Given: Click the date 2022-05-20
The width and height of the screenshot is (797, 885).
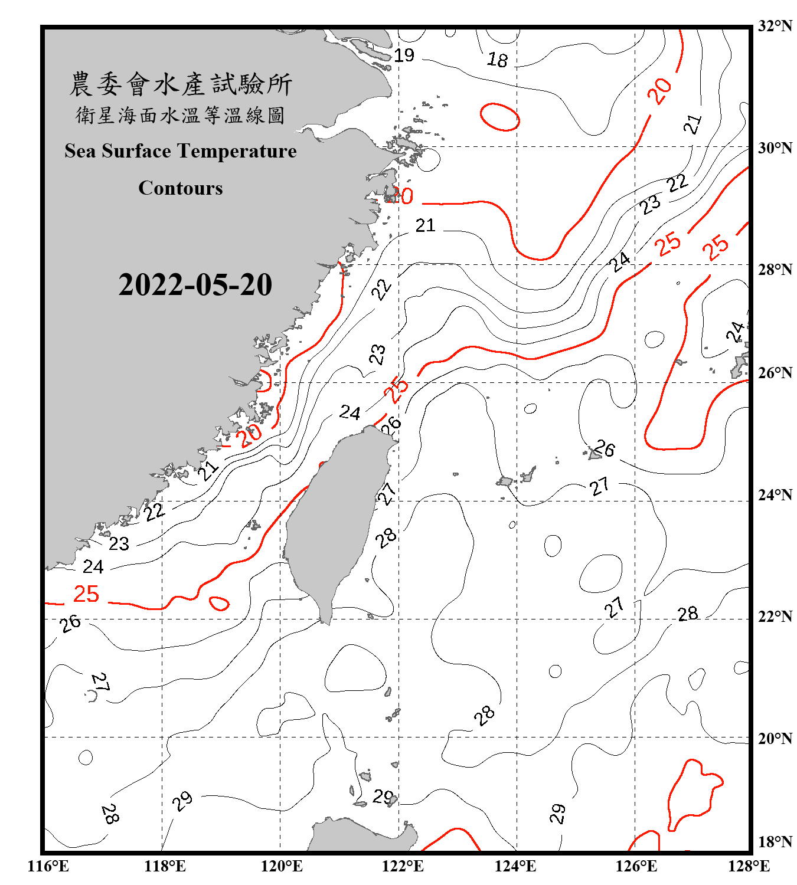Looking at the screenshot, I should tap(195, 285).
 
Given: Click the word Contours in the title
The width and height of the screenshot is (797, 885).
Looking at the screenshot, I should tap(181, 188).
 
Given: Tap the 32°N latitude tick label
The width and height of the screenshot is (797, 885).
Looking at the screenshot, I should tap(775, 25).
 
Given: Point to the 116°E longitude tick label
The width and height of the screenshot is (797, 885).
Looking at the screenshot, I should tap(48, 866).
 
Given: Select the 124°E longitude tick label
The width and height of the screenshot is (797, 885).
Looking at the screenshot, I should tap(515, 866).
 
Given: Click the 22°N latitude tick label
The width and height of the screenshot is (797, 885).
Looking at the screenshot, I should tap(775, 617).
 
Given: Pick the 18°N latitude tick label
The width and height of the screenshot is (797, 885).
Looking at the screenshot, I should tap(775, 842).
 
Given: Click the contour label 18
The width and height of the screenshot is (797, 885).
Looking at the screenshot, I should tap(497, 60).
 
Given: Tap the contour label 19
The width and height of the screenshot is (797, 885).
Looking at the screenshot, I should tap(404, 55).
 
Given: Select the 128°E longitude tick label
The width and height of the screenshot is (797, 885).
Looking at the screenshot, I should tap(749, 866).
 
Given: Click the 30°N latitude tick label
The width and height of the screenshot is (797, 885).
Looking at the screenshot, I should tap(775, 147).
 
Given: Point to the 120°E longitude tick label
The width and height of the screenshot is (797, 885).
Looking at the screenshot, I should tap(282, 866).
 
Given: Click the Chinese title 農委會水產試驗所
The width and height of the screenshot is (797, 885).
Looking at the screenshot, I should tap(181, 84).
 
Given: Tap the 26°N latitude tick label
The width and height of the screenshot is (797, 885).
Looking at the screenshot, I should tap(775, 373).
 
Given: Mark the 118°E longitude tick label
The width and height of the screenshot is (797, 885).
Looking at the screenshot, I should tap(165, 866).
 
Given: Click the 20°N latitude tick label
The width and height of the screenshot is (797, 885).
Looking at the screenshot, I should tap(775, 738).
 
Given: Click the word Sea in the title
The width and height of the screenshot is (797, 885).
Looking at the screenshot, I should tap(80, 151).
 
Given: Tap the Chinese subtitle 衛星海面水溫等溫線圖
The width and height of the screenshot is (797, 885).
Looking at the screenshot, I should tap(181, 116).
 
